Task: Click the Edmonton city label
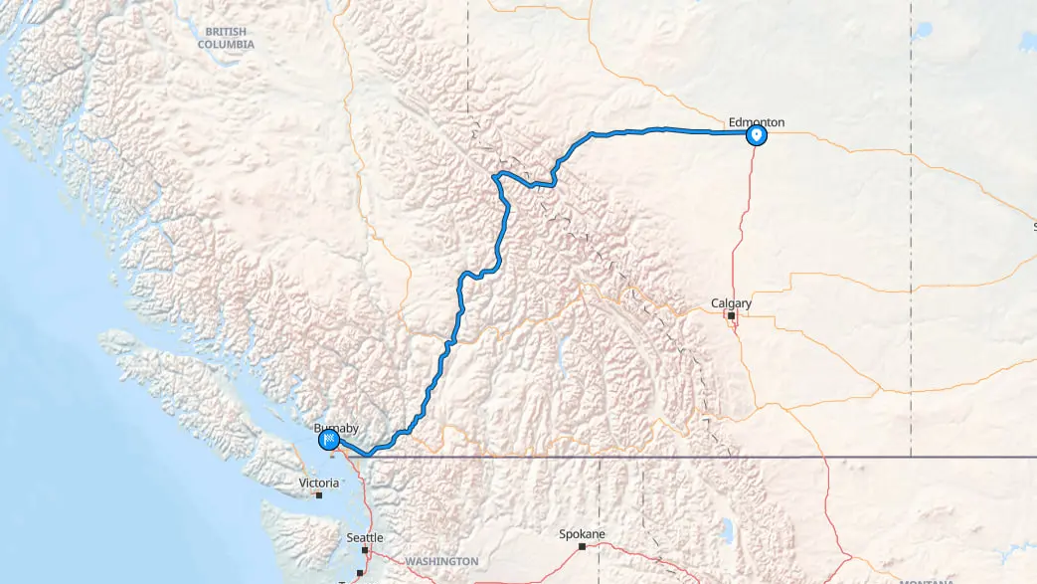[x=756, y=122]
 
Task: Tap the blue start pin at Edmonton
[x=757, y=135]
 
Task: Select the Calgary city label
[x=731, y=302]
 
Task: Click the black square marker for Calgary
[x=731, y=316]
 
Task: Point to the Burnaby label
[x=334, y=428]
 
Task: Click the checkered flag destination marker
[x=328, y=440]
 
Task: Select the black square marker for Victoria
[x=318, y=494]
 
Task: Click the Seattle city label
[x=364, y=537]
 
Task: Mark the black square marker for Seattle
[x=365, y=549]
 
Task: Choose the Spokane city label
[x=583, y=533]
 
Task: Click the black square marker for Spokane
[x=582, y=546]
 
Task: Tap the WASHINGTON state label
[x=441, y=561]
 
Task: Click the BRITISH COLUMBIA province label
[x=226, y=38]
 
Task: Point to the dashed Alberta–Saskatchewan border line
[x=910, y=199]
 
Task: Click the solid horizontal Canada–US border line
[x=696, y=458]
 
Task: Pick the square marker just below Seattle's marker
[x=359, y=573]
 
